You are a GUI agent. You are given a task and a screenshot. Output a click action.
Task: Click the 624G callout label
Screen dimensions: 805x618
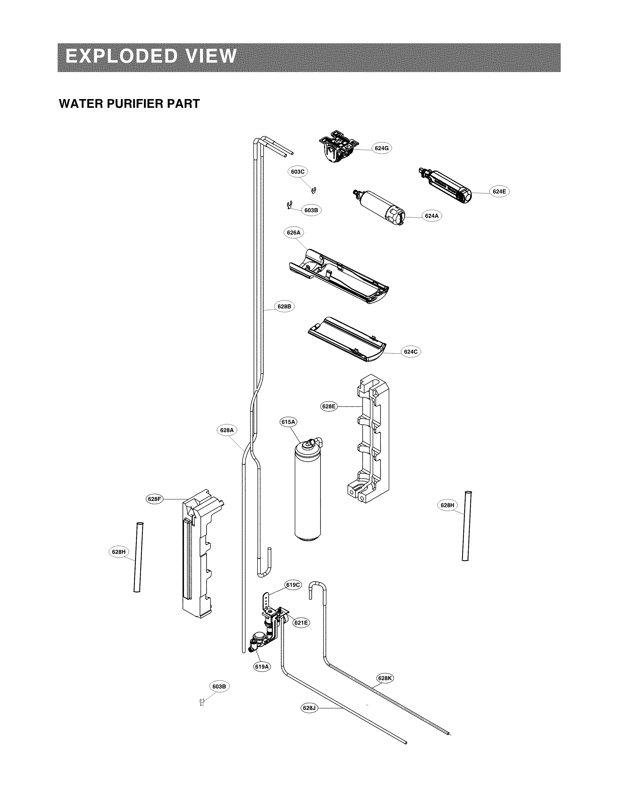[381, 148]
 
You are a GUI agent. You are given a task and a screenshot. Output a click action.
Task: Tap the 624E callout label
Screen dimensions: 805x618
[499, 191]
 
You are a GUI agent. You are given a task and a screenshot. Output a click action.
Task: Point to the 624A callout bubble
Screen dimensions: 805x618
[432, 216]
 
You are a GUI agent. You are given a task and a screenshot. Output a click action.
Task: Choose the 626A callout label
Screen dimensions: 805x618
[294, 232]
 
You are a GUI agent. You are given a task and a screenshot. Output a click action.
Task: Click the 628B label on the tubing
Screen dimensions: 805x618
[284, 306]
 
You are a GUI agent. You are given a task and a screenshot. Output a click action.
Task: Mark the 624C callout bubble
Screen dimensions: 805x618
[411, 352]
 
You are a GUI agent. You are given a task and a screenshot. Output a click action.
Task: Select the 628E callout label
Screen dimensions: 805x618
[329, 407]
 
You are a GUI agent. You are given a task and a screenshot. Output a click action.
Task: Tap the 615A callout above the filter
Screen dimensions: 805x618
[288, 422]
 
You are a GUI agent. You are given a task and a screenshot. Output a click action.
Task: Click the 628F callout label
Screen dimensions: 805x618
[154, 499]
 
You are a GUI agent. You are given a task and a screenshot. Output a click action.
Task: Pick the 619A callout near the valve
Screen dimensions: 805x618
[262, 667]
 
